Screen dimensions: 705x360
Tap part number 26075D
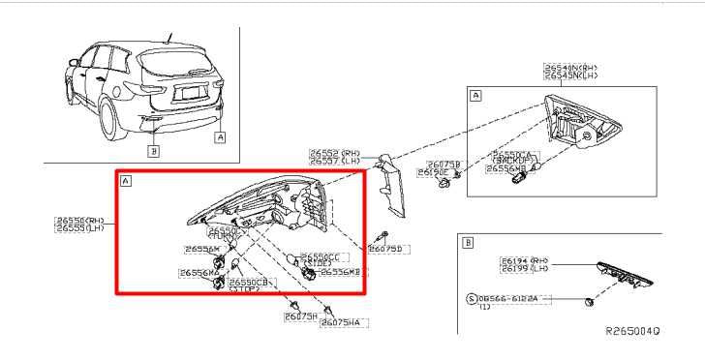coord(390,249)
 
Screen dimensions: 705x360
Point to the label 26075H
coord(301,315)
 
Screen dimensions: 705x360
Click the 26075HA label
coord(341,322)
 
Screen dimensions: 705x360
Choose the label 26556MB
coord(340,273)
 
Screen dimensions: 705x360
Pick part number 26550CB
coord(248,281)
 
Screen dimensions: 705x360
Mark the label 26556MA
coord(200,273)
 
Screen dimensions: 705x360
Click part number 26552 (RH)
coord(335,153)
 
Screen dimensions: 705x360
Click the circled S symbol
coord(472,299)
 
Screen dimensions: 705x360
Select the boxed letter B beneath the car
coord(153,151)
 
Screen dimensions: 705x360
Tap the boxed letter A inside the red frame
coord(126,181)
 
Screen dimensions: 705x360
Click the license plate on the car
coord(190,95)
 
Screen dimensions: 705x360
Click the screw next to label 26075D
coord(384,235)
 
